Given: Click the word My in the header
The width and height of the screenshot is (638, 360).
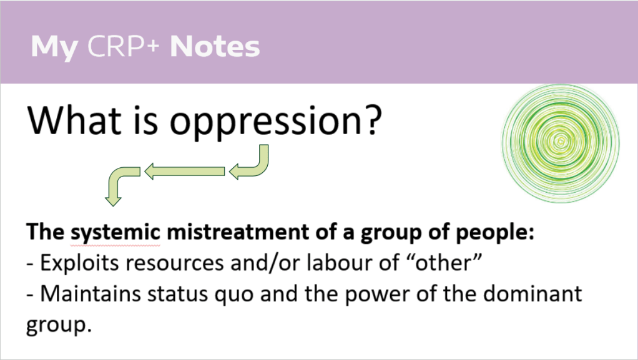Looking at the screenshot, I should (x=53, y=47).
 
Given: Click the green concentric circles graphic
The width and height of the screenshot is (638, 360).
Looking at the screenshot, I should (x=560, y=144).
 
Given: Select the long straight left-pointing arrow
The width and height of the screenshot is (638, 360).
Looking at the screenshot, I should (x=184, y=171).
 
